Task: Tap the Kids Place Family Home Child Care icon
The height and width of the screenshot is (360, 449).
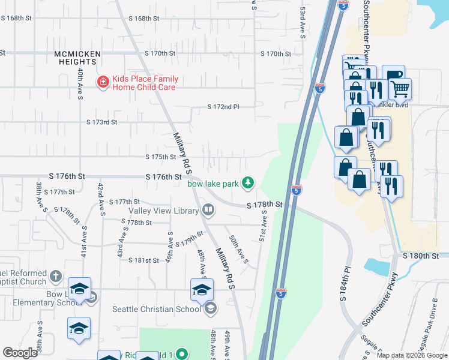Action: tap(103, 82)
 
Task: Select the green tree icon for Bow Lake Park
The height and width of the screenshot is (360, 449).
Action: tap(247, 182)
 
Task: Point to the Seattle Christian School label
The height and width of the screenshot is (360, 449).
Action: tap(157, 309)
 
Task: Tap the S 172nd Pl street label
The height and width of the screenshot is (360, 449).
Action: tap(223, 107)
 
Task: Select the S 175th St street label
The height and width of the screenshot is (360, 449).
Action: tap(161, 157)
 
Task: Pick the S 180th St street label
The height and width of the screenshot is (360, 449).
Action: tap(421, 256)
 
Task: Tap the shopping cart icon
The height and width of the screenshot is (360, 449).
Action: tap(399, 89)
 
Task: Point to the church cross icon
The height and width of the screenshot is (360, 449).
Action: tap(55, 277)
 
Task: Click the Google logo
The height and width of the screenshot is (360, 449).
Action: tap(20, 352)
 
